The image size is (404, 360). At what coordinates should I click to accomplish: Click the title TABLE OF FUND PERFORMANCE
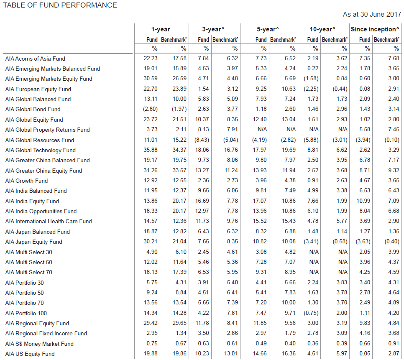[x=60, y=5]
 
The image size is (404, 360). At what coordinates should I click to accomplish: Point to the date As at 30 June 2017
[x=372, y=15]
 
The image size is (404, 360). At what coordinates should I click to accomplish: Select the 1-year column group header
[x=161, y=29]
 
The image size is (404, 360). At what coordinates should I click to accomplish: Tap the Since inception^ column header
[x=375, y=29]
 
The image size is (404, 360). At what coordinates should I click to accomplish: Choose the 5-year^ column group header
[x=268, y=29]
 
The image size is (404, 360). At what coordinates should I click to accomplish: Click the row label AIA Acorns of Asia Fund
[x=35, y=59]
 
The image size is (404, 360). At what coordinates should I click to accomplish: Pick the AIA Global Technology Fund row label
[x=40, y=150]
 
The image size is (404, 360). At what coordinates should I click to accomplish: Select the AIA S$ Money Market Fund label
[x=39, y=344]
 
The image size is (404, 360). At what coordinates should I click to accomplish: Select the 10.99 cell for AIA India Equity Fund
[x=363, y=201]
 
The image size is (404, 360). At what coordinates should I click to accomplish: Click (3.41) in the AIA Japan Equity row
[x=310, y=242]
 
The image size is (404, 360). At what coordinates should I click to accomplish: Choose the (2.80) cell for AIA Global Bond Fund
[x=150, y=109]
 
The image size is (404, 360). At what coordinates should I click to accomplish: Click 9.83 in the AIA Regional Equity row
[x=364, y=323]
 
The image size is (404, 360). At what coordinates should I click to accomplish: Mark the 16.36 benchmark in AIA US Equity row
[x=288, y=354]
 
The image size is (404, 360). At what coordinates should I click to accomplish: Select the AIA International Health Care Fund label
[x=49, y=221]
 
